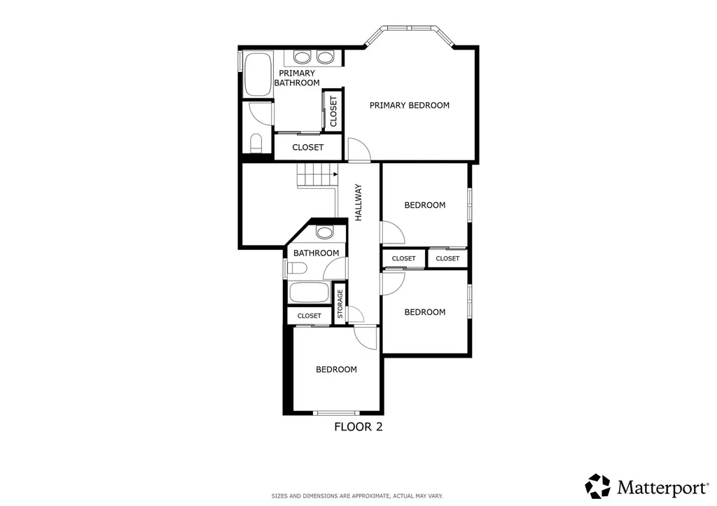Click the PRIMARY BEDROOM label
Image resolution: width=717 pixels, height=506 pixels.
click(409, 105)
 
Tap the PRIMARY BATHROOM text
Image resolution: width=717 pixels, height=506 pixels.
click(296, 78)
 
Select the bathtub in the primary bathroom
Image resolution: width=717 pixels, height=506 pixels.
click(256, 74)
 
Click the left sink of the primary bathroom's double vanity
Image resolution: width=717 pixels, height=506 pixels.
click(302, 57)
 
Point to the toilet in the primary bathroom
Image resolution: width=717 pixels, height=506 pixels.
click(256, 143)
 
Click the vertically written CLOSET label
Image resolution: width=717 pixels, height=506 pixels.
click(333, 111)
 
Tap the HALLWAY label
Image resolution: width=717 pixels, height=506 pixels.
click(358, 202)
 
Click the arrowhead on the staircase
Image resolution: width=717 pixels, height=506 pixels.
click(336, 174)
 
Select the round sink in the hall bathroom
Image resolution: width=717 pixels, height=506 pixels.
click(324, 232)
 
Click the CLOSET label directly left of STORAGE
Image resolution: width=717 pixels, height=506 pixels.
click(309, 316)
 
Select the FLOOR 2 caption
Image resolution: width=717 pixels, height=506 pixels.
click(358, 426)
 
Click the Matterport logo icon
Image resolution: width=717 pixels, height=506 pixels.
click(599, 486)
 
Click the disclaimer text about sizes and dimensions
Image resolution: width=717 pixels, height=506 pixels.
click(357, 496)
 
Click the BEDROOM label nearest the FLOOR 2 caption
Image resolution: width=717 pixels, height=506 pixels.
click(336, 370)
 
